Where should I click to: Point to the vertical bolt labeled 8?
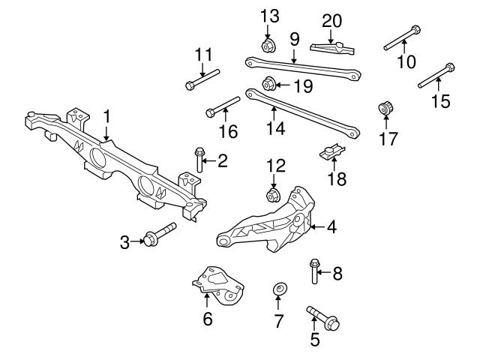point(313,271)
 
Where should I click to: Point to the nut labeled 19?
point(268,83)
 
